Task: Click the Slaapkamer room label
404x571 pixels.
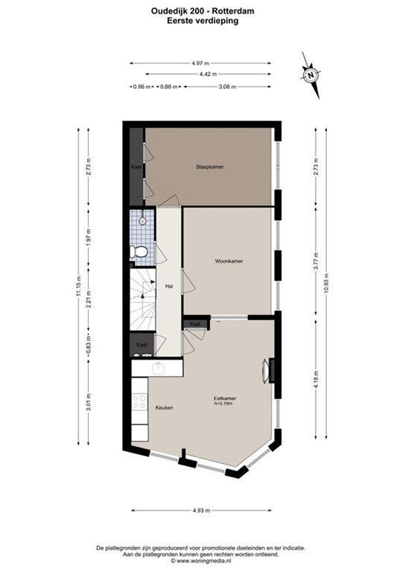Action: [209, 167]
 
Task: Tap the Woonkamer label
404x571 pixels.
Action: [229, 261]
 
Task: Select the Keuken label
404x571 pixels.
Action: [164, 408]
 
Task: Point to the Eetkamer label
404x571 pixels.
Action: [224, 398]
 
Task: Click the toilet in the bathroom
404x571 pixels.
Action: [141, 252]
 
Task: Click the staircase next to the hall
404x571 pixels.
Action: [143, 299]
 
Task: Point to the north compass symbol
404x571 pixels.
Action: [311, 75]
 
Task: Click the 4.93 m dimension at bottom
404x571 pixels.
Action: [201, 511]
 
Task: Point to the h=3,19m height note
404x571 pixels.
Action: [224, 404]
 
